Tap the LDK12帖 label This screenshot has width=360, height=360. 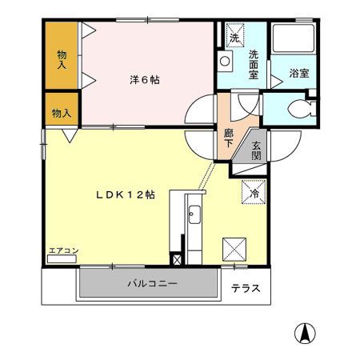[x=126, y=195]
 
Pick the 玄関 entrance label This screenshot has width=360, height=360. [x=256, y=151]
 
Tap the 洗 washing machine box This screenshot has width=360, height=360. [x=234, y=37]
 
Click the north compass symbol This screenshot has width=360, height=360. [x=305, y=330]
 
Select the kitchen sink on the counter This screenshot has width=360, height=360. [x=194, y=214]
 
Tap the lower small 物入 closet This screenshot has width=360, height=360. [x=61, y=113]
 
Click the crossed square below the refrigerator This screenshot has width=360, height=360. [x=234, y=249]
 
